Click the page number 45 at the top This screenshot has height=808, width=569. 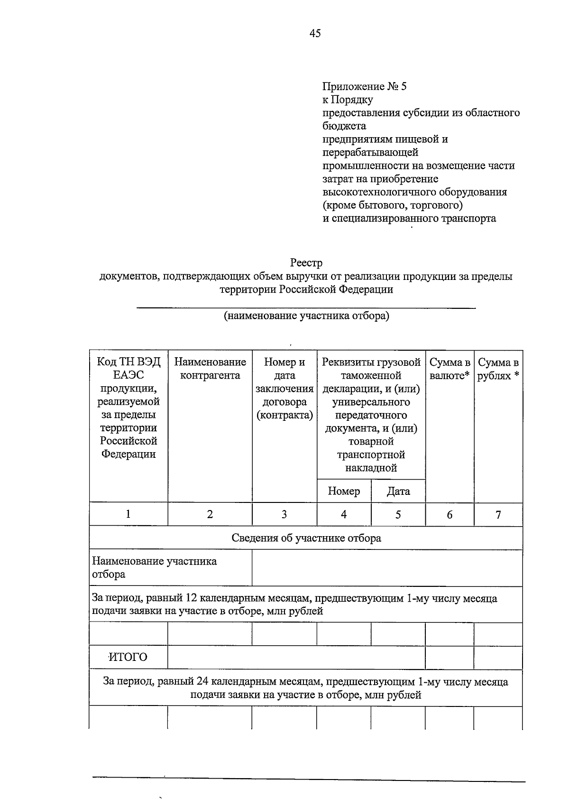coord(315,33)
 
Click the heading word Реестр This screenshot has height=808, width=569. coord(306,262)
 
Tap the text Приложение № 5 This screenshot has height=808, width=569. coord(364,86)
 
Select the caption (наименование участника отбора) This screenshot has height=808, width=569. coord(306,316)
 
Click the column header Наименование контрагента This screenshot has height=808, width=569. coord(210,369)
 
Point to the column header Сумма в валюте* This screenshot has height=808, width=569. coord(450,369)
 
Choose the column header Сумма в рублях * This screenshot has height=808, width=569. coord(498,369)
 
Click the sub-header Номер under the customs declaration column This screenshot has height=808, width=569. coord(344,491)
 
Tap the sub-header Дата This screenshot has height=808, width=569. coord(398,491)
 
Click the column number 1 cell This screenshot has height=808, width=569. coord(128,514)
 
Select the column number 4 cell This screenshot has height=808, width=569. coord(344,514)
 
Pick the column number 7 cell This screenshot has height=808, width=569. coord(498,514)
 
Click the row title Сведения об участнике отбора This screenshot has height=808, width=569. coord(306,538)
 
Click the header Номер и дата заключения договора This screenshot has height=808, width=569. coord(284,389)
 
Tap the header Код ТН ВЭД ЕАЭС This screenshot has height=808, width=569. coord(128,369)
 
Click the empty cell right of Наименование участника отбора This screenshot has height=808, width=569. coord(387,568)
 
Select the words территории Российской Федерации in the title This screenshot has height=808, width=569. coord(306,289)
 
